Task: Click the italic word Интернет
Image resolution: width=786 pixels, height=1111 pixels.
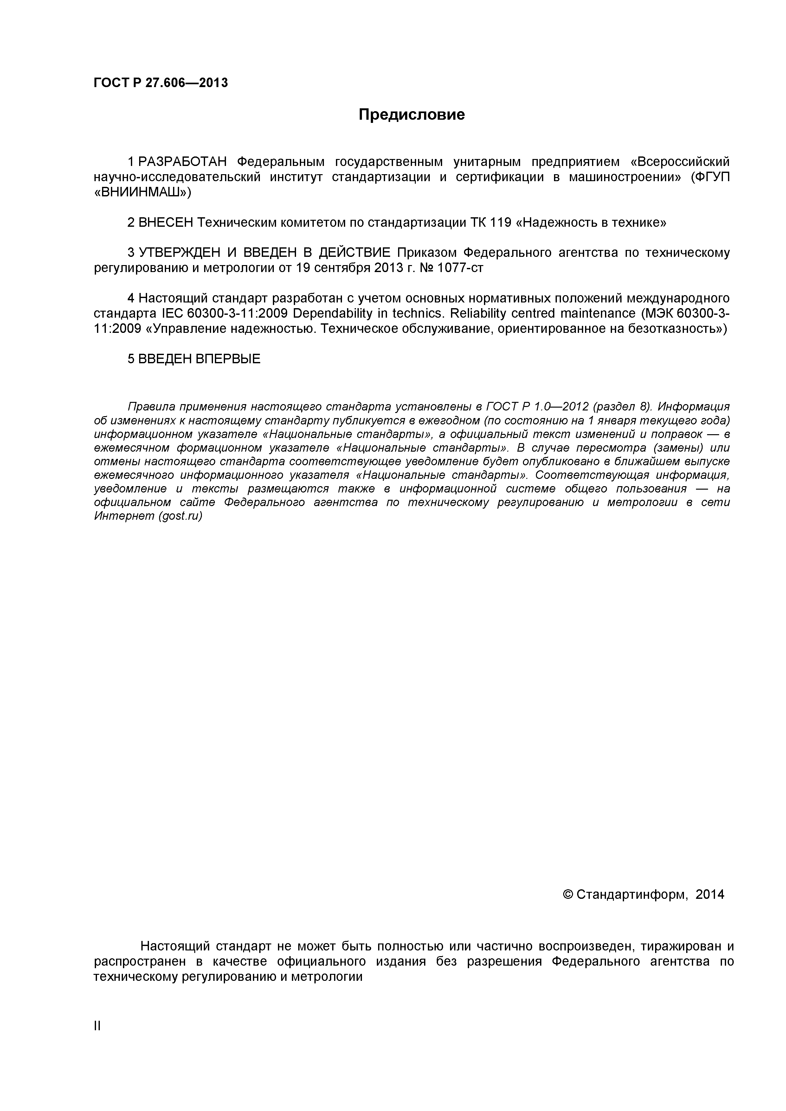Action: (x=124, y=516)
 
